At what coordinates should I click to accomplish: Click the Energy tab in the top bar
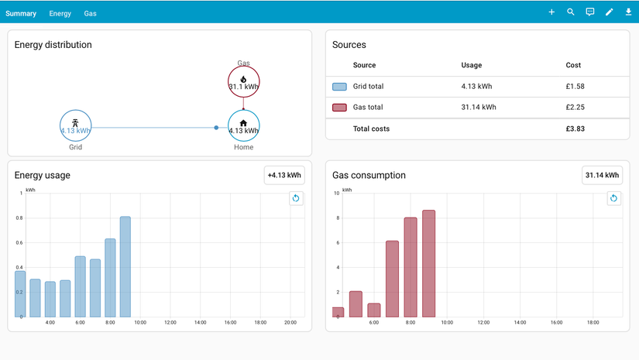tap(60, 13)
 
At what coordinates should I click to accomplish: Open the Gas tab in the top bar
tap(90, 13)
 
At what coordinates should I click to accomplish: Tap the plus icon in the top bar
tap(551, 12)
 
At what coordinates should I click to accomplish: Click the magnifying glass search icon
tap(571, 12)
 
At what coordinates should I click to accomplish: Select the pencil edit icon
tap(610, 12)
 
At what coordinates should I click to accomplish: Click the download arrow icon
tap(628, 12)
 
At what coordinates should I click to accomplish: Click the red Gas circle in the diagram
tap(244, 67)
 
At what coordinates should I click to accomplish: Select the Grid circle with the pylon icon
tap(75, 111)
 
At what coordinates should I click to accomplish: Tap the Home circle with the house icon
tap(244, 111)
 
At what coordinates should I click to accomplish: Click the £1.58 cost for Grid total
tap(575, 87)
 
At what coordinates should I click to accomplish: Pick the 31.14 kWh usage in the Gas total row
tap(479, 107)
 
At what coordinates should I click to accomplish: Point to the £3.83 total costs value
tap(575, 129)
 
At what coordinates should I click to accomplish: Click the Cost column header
tap(573, 65)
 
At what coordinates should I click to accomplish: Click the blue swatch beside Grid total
tap(339, 87)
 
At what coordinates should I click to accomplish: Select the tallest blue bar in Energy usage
tap(125, 267)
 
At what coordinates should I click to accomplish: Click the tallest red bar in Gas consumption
tap(429, 263)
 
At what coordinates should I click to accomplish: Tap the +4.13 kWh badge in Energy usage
tap(284, 175)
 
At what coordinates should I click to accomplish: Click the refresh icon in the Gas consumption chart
tap(613, 198)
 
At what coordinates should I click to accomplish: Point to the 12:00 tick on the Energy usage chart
tap(170, 323)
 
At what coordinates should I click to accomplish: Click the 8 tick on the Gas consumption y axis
tap(338, 218)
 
